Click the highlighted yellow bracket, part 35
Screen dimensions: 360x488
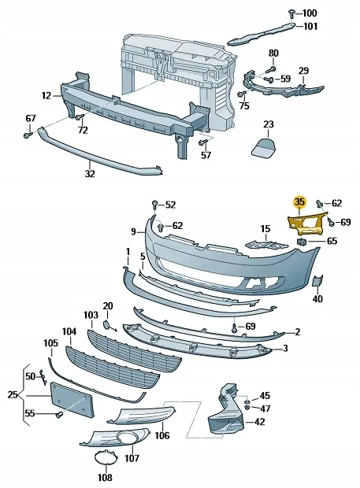tap(306, 224)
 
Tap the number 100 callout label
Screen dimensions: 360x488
tap(310, 13)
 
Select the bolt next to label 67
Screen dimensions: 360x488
tap(28, 135)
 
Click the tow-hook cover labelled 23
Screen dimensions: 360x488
tap(263, 146)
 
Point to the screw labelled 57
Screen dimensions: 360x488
tap(202, 142)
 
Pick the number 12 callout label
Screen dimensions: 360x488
tap(46, 95)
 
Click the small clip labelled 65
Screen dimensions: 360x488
tap(302, 241)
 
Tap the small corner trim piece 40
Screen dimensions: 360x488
tap(317, 281)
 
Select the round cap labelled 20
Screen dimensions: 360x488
tap(106, 324)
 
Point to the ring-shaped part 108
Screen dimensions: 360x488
tap(106, 457)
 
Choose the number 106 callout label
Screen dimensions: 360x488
tap(162, 434)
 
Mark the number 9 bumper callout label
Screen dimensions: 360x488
tap(134, 232)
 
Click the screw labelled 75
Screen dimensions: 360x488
tap(241, 94)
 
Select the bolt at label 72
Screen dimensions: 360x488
tap(80, 117)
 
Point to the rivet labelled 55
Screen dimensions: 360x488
tap(59, 415)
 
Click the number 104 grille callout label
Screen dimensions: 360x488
tap(69, 332)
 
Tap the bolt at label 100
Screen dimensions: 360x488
tap(291, 13)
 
